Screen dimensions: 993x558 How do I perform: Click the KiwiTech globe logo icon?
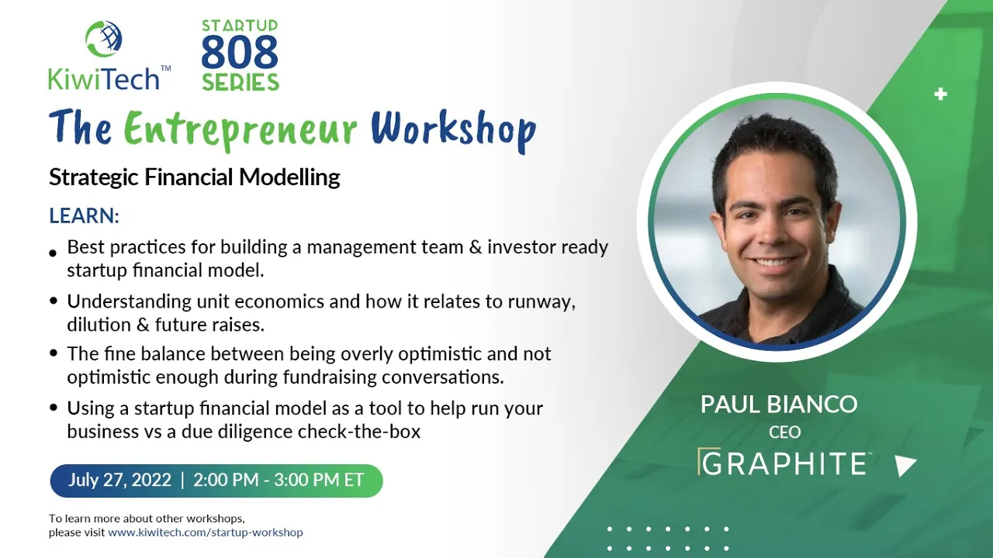coord(104,39)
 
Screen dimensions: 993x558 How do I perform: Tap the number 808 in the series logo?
coord(240,52)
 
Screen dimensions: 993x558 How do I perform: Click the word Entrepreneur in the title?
coord(240,129)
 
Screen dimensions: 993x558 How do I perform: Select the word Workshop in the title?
coord(454,129)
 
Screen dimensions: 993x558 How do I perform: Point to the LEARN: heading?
coord(85,215)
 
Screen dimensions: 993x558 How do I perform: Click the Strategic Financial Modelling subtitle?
coord(195,177)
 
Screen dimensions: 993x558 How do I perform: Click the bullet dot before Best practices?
coord(54,253)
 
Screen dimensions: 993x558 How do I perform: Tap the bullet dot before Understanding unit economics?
coord(54,301)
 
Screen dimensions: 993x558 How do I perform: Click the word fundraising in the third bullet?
coord(330,377)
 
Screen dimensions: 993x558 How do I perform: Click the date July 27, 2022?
coord(119,480)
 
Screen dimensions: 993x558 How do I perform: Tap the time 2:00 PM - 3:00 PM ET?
coord(279,480)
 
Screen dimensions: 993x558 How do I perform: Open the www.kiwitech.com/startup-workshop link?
coord(206,532)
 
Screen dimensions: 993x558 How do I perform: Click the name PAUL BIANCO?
coord(779,405)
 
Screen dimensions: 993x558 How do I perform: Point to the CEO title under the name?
coord(784,432)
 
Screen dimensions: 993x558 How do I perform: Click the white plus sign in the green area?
coord(940,95)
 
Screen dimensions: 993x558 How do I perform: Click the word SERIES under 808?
coord(240,82)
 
